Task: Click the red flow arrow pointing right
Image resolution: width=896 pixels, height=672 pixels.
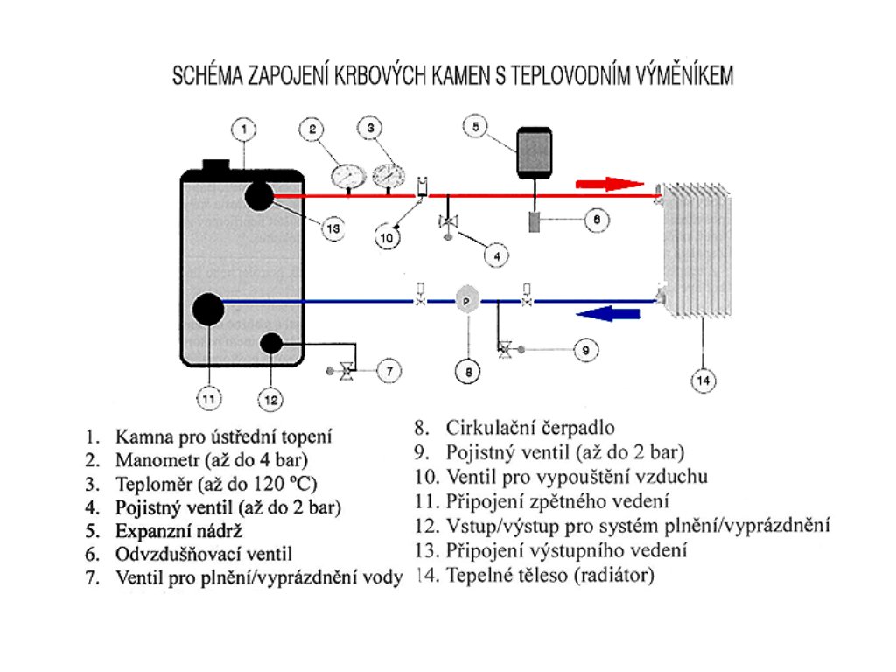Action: point(609,184)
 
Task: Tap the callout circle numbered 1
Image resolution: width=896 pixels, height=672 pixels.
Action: point(245,129)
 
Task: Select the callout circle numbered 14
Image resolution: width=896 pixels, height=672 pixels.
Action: point(703,380)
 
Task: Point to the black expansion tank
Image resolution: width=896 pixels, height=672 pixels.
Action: point(534,153)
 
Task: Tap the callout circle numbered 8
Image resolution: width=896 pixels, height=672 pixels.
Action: point(468,372)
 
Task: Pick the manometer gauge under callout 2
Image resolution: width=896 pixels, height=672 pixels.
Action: point(348,173)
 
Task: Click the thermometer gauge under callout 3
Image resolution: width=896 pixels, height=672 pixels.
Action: point(387,173)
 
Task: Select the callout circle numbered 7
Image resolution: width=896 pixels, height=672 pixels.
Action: point(388,371)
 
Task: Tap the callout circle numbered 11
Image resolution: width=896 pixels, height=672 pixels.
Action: point(207,400)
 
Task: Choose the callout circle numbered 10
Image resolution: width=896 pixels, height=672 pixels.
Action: point(386,236)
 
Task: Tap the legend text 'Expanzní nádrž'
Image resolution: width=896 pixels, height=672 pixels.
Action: point(178,530)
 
